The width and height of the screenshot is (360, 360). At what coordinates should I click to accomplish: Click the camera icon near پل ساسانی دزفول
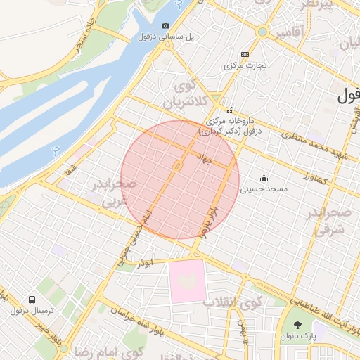(x=165, y=26)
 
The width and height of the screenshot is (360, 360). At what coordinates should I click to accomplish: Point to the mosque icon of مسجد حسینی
(x=264, y=179)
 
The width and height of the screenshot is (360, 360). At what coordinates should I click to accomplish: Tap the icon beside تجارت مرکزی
(x=244, y=55)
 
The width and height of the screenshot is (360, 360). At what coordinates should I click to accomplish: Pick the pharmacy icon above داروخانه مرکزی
(x=229, y=110)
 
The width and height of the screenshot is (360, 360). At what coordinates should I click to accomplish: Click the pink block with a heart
(x=187, y=281)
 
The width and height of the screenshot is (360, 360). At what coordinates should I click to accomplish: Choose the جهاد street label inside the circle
(x=205, y=160)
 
